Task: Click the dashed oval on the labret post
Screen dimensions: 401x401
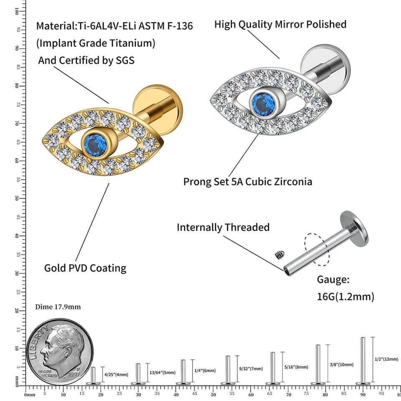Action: pyautogui.click(x=316, y=249)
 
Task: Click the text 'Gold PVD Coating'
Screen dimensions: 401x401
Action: pyautogui.click(x=85, y=267)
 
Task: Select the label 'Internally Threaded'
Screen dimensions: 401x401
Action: pyautogui.click(x=223, y=228)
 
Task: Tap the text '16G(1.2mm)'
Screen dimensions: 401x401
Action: pyautogui.click(x=345, y=297)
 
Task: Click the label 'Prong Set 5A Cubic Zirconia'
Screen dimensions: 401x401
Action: pyautogui.click(x=248, y=182)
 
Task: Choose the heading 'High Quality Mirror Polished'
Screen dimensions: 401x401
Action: pyautogui.click(x=280, y=24)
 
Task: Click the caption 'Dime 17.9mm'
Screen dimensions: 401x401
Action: pyautogui.click(x=58, y=307)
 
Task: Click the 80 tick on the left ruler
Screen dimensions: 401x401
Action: pyautogui.click(x=17, y=85)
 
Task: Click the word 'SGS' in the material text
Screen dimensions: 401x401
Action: pyautogui.click(x=124, y=60)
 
